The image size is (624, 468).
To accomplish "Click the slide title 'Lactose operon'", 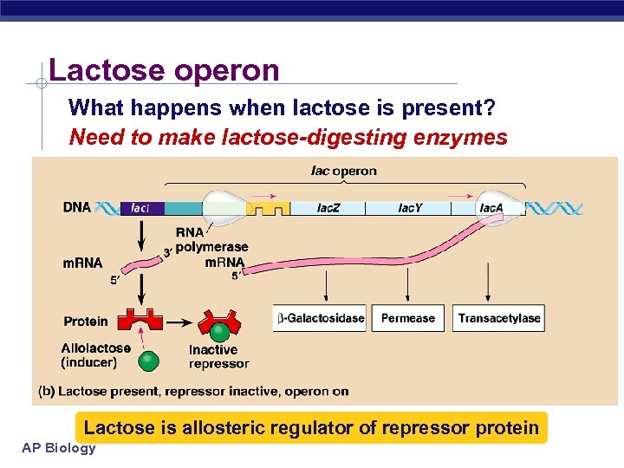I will click(164, 70).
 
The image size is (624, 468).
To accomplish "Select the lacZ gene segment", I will click(327, 208).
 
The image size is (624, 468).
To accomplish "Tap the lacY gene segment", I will click(410, 208).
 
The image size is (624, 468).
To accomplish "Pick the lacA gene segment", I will click(491, 208).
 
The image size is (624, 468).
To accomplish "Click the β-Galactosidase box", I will click(320, 318).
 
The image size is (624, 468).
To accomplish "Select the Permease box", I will click(407, 318).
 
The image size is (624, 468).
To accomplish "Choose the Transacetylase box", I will click(498, 318).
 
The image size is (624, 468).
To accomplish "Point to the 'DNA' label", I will click(77, 208).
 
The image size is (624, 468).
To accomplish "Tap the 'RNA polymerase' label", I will click(211, 240).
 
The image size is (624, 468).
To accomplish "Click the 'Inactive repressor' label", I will click(218, 356).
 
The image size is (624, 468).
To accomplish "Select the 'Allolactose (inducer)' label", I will click(95, 354).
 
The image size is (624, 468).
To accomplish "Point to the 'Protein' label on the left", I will click(86, 322).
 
